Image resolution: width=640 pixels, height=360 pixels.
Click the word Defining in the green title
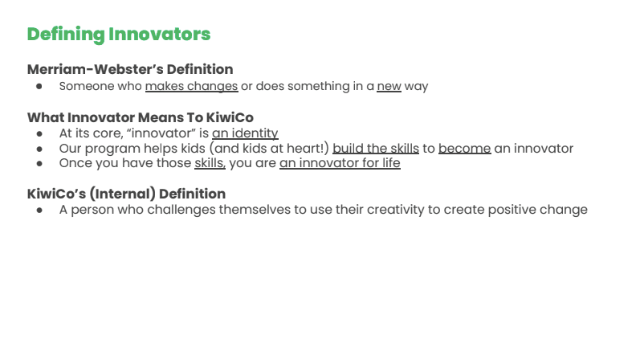coord(66,35)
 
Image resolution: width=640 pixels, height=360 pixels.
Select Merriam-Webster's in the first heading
coord(95,69)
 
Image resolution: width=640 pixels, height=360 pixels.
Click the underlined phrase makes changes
coord(191,87)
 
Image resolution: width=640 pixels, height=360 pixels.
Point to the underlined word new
coord(389,87)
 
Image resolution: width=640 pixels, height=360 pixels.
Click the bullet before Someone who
coord(39,86)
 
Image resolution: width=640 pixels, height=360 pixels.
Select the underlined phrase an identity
coord(245,133)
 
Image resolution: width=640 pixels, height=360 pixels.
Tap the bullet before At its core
coord(39,133)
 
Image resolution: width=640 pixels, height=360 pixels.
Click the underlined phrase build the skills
coord(376,149)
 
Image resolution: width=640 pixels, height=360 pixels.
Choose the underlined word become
coord(464,149)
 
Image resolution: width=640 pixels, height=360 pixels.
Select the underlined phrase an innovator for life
coord(340,163)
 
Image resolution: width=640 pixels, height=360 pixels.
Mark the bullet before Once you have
coord(39,163)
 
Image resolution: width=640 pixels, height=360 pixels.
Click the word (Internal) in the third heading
coord(122,194)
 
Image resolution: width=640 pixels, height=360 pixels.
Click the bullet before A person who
coord(39,210)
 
